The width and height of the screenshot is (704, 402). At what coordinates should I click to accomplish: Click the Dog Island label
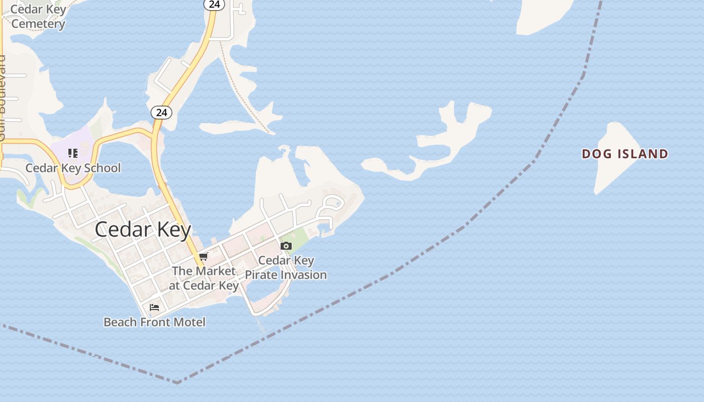(625, 154)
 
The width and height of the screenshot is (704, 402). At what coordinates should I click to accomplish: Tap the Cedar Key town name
(143, 230)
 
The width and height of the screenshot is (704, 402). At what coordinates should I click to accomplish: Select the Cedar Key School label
(73, 168)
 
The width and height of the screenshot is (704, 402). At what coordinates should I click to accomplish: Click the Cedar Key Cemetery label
(38, 17)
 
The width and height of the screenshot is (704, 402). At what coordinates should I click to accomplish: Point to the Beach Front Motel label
(154, 322)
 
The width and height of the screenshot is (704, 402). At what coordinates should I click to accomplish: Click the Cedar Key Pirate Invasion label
(286, 268)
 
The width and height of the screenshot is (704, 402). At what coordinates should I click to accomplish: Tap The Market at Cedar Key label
(204, 278)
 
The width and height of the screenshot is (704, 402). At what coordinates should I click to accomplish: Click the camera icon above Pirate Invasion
(286, 246)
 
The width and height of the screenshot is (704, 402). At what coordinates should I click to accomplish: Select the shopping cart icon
(203, 257)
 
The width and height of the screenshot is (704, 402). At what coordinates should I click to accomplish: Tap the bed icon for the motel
(154, 307)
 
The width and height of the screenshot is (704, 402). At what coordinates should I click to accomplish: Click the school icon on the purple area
(73, 153)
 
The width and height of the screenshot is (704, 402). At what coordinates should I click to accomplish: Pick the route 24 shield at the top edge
(214, 5)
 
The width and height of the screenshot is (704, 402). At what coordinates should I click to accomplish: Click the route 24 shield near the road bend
(161, 113)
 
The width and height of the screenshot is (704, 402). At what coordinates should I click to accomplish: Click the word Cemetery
(38, 24)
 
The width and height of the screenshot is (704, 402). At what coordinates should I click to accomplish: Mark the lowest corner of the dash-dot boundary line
(178, 383)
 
